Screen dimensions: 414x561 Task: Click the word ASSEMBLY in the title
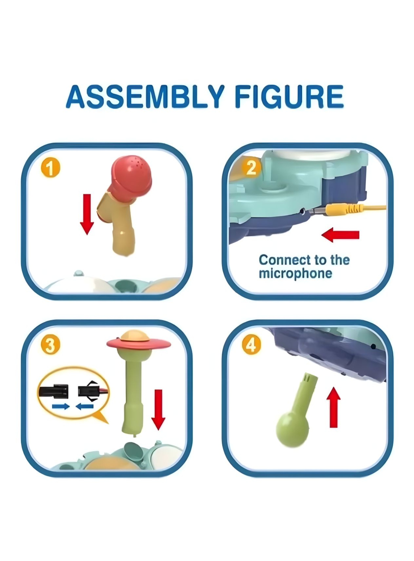click(x=145, y=97)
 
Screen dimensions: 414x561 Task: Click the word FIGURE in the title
click(x=289, y=97)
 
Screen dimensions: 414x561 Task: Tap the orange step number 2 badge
click(x=251, y=167)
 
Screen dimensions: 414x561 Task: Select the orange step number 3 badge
click(x=50, y=345)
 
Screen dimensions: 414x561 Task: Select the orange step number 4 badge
click(x=251, y=344)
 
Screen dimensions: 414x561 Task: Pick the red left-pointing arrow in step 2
click(x=340, y=235)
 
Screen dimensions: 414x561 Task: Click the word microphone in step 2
click(x=295, y=274)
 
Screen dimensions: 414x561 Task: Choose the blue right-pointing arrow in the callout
click(x=61, y=407)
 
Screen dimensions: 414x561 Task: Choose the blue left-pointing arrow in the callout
click(x=85, y=407)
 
